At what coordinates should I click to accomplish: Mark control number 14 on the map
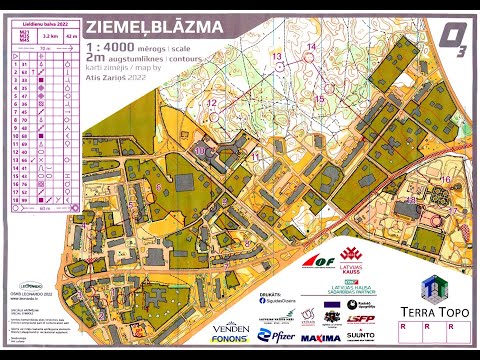click(313, 48)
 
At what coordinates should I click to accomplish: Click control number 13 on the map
click(277, 57)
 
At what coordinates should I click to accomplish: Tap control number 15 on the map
click(319, 98)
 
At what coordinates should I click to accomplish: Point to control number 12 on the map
click(211, 103)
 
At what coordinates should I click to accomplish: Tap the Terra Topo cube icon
click(431, 288)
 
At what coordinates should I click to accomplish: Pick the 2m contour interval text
click(95, 60)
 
